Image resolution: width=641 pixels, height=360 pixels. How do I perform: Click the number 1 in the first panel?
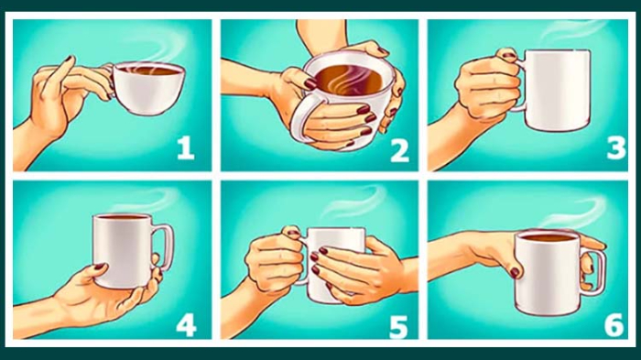(186, 147)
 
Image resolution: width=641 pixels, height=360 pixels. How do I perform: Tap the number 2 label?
(399, 150)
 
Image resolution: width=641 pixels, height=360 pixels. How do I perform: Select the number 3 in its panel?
(616, 147)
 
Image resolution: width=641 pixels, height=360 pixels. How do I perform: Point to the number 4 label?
(187, 325)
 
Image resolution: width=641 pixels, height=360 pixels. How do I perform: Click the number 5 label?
(398, 326)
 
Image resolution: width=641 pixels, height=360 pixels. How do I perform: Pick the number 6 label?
(614, 325)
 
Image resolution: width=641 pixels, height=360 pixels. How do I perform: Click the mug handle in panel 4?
(164, 247)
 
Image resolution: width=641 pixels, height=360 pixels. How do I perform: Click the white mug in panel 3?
(557, 90)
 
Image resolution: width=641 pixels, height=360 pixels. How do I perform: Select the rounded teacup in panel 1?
(148, 88)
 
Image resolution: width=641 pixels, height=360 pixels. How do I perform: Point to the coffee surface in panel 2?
(350, 81)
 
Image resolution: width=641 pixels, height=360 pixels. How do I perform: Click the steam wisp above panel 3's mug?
(572, 29)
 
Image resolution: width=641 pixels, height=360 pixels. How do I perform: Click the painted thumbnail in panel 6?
(515, 272)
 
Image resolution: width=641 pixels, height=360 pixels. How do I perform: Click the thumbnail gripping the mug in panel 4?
(99, 267)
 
